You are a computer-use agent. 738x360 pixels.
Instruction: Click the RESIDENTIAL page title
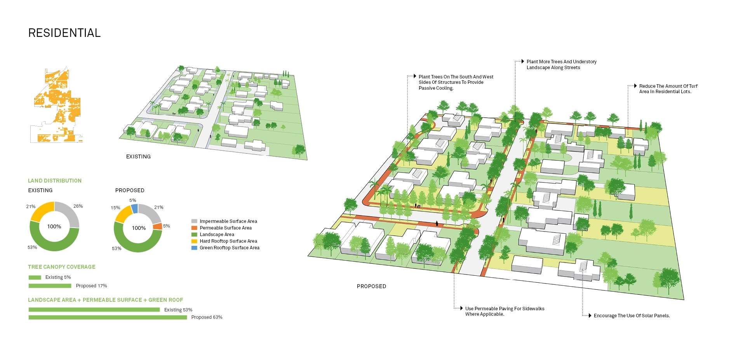(64, 33)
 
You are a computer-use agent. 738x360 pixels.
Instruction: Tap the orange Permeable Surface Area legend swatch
(194, 228)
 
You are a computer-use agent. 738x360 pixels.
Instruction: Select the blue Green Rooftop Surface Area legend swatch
(194, 248)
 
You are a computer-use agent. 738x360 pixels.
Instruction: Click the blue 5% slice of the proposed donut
(134, 209)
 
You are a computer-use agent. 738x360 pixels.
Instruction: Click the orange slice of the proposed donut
(157, 226)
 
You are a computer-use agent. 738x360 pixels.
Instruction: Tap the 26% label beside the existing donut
(78, 206)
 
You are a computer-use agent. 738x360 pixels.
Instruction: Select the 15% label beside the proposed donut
(115, 208)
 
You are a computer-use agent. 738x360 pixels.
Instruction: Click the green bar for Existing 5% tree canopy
(35, 277)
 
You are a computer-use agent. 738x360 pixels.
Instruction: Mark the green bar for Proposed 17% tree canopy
(50, 286)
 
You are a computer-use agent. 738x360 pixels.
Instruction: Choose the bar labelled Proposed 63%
(108, 317)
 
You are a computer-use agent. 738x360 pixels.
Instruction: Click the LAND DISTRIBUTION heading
(55, 181)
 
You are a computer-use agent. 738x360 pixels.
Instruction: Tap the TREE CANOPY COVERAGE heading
(61, 267)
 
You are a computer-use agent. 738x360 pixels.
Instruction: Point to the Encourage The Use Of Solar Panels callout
(632, 316)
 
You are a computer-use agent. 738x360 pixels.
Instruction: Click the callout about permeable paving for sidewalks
(505, 311)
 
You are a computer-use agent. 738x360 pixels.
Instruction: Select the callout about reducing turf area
(668, 89)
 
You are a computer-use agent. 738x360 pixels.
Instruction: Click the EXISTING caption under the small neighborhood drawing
(138, 157)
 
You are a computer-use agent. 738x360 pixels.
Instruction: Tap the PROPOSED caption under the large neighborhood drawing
(371, 286)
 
